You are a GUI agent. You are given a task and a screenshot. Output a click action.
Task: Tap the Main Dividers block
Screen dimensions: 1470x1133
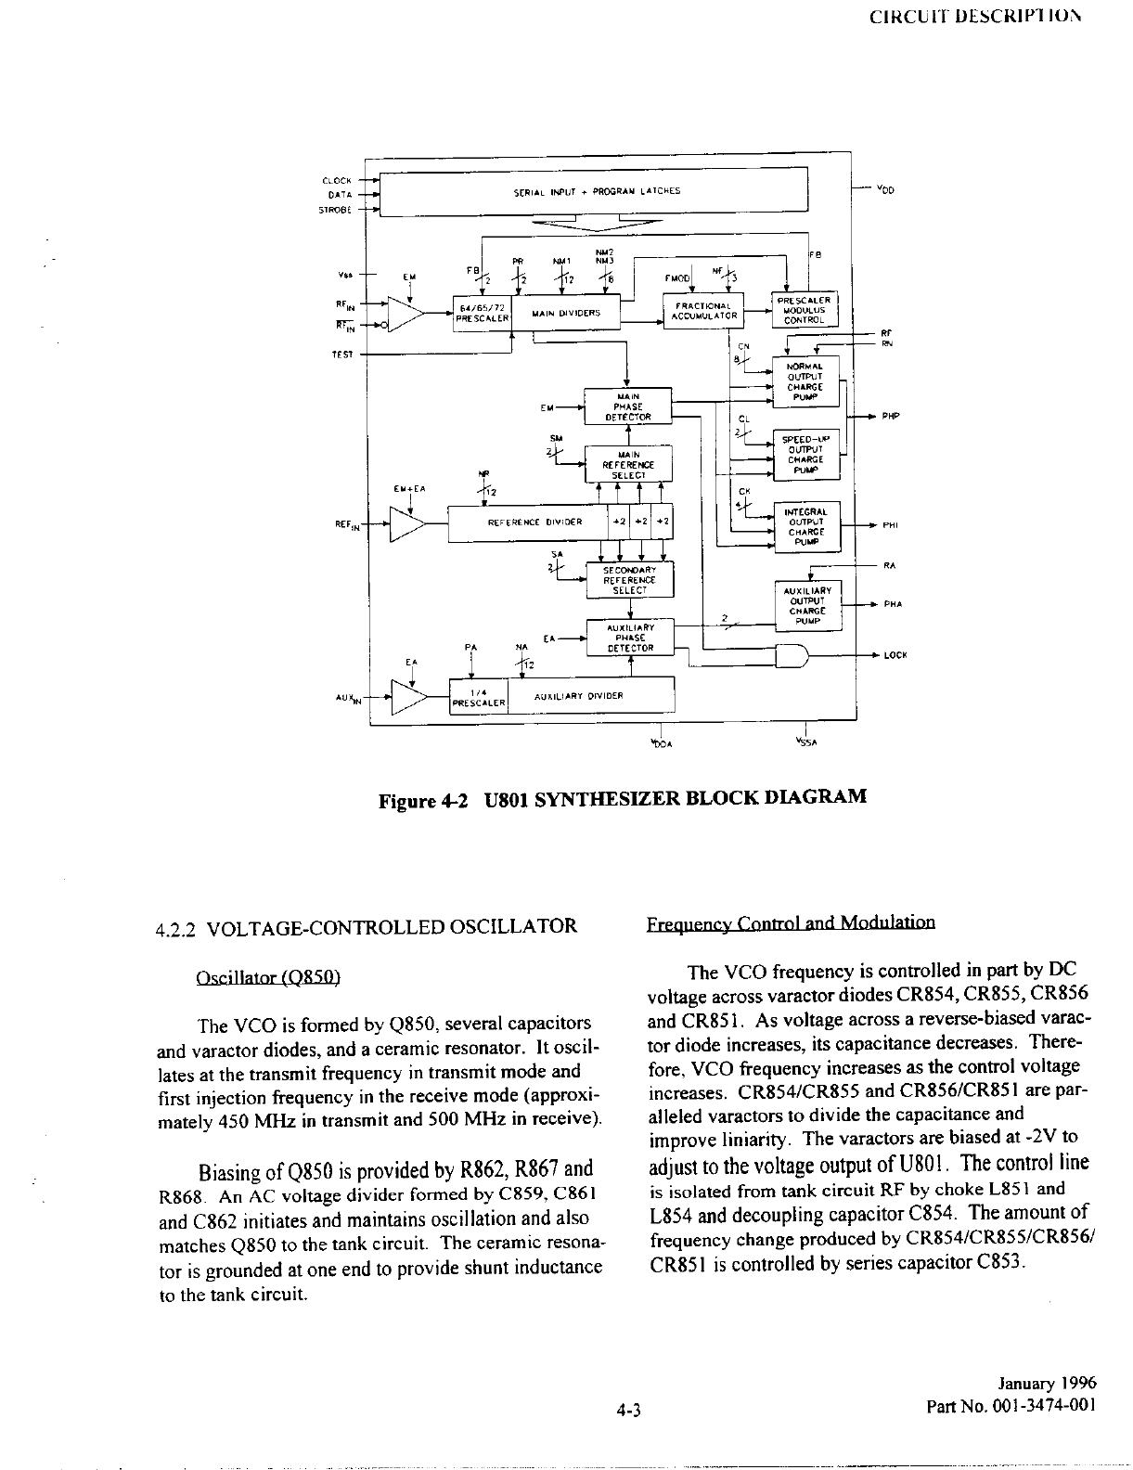pyautogui.click(x=566, y=314)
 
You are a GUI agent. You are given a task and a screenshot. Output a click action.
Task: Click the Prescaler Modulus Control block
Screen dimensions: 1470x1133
pyautogui.click(x=805, y=310)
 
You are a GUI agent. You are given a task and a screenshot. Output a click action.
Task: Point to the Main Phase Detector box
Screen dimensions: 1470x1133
pyautogui.click(x=628, y=406)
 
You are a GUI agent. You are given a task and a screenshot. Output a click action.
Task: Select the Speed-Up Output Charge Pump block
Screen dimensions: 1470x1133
pyautogui.click(x=805, y=455)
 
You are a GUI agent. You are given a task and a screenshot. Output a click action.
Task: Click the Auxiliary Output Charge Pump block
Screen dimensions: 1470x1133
pyautogui.click(x=807, y=605)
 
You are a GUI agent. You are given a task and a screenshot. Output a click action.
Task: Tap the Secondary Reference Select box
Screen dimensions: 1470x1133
pyautogui.click(x=629, y=580)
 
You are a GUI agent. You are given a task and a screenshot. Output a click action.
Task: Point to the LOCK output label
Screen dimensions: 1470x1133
pyautogui.click(x=895, y=655)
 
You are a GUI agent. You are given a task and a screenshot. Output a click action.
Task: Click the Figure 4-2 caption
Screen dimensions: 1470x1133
pyautogui.click(x=622, y=798)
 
